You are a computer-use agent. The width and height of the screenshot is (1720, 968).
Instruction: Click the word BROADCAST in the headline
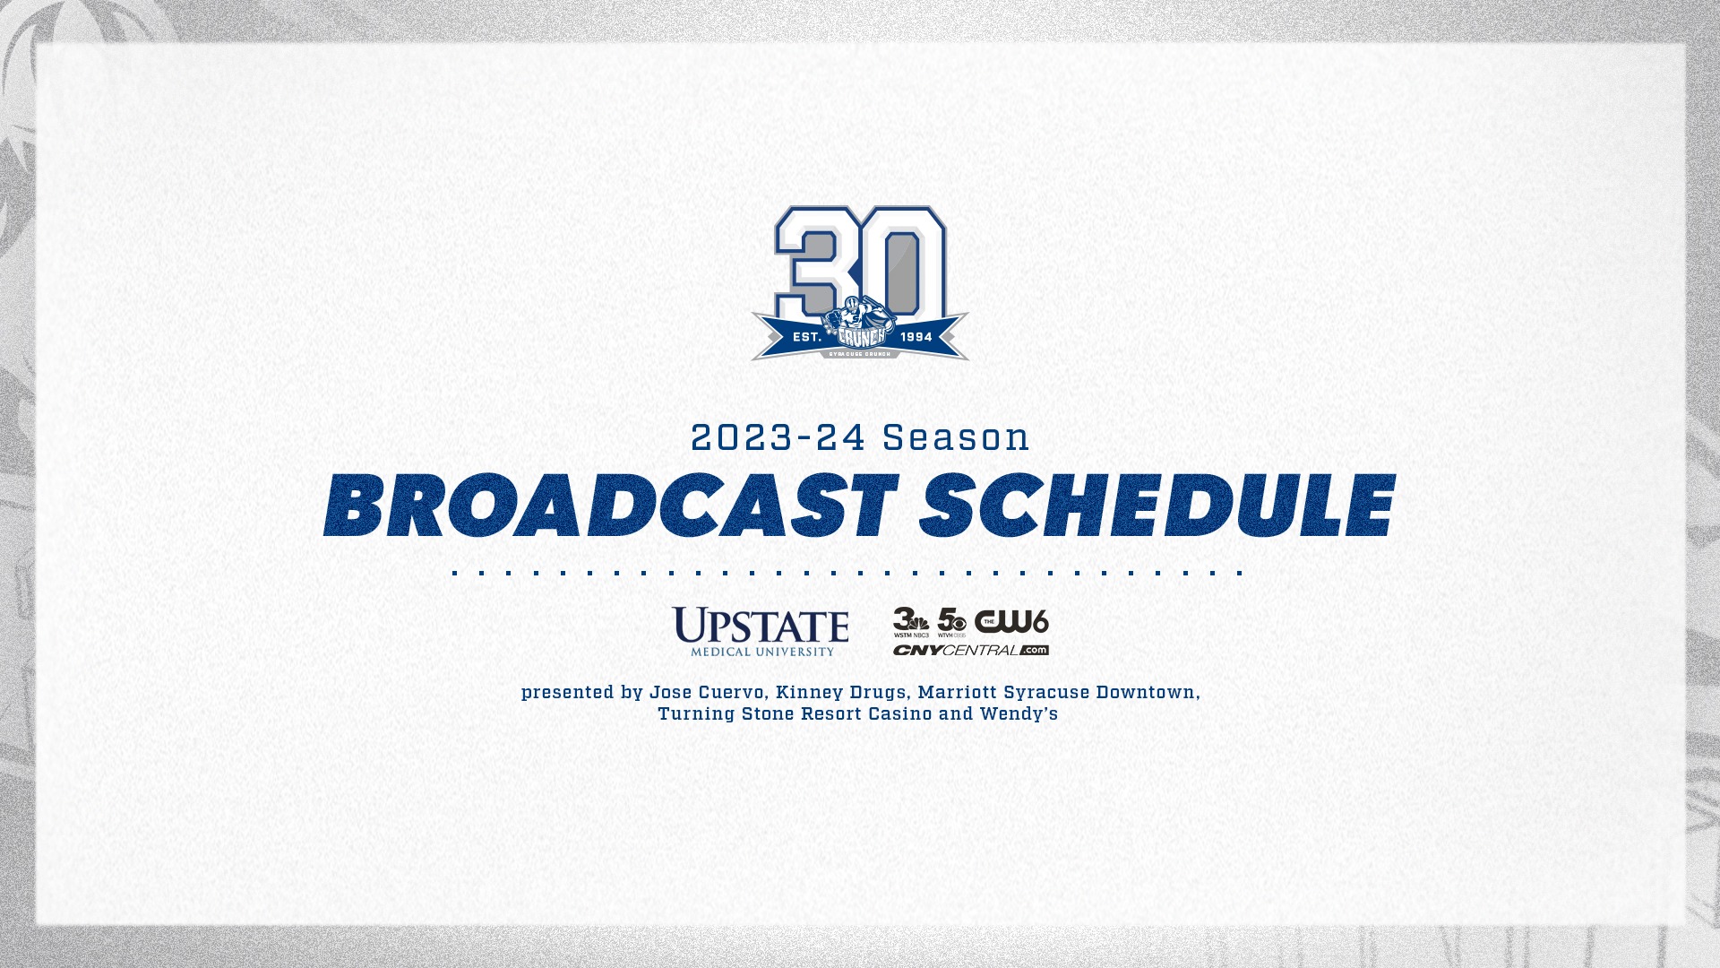(x=610, y=506)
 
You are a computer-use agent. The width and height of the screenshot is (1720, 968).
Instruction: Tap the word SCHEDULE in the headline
(x=1157, y=506)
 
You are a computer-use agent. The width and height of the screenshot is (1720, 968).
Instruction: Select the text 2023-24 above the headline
(x=778, y=438)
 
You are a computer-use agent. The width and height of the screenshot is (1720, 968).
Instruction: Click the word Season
(x=956, y=438)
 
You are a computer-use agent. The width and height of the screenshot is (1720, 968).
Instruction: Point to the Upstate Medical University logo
(x=761, y=631)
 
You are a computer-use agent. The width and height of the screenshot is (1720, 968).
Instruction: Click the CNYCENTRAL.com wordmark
(x=970, y=650)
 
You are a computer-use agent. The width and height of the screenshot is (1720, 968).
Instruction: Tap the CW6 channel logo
(x=1011, y=621)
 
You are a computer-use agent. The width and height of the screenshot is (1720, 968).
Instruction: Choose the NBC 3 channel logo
(x=911, y=621)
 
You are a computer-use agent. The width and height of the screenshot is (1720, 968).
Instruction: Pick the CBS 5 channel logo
(x=951, y=621)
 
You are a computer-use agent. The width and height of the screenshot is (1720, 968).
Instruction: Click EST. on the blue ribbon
(x=807, y=337)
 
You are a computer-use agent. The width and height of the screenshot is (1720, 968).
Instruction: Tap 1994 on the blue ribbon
(x=916, y=337)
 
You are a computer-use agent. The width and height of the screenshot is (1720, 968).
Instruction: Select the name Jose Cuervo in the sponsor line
(x=706, y=693)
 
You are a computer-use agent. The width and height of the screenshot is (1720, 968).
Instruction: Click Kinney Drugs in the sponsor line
(x=840, y=693)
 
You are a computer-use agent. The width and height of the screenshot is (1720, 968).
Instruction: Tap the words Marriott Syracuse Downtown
(x=1056, y=693)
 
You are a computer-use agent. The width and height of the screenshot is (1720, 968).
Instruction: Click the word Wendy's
(x=1019, y=714)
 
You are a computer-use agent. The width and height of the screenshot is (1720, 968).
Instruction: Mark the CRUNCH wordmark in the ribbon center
(x=861, y=336)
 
